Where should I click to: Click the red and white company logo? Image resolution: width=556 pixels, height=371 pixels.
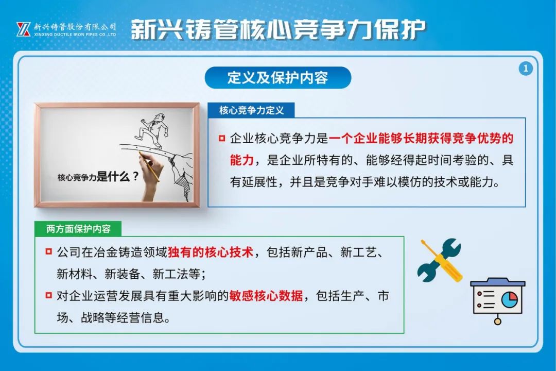23,29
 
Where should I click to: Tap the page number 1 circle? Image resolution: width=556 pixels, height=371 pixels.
526,68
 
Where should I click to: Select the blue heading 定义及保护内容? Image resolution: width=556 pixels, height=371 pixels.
277,77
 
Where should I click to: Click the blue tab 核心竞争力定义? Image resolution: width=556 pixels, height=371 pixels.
251,110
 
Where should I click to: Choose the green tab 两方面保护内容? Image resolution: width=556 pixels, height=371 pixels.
78,229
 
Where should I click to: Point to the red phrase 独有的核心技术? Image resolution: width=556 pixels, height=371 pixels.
210,252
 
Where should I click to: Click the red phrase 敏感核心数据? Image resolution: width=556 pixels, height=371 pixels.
266,295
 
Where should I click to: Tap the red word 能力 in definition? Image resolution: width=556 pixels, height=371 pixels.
242,160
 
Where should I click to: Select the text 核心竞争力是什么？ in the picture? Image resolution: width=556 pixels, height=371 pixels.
98,176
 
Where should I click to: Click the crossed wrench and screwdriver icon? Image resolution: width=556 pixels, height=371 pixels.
440,260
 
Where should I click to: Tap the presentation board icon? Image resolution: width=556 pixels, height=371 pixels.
497,300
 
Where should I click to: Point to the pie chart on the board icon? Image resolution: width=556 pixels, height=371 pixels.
510,299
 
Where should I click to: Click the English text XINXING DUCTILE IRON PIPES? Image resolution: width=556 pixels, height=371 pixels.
75,35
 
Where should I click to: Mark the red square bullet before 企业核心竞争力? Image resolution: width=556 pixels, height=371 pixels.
222,138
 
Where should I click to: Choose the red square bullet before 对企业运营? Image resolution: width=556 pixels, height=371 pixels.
49,295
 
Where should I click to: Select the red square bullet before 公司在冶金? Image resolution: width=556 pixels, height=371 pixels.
49,251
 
